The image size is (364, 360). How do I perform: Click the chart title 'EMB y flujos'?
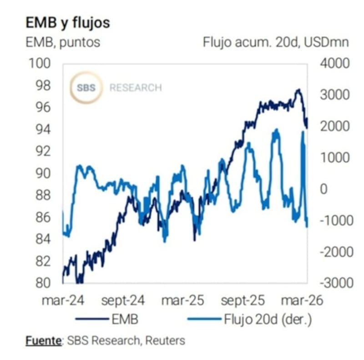point(67,22)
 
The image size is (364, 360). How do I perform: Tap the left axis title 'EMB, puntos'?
point(63,43)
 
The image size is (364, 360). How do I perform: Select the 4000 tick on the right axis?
point(335,63)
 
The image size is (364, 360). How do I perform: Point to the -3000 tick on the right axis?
point(335,283)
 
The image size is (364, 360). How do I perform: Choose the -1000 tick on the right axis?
point(335,220)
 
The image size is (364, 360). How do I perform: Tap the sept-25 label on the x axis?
point(243,300)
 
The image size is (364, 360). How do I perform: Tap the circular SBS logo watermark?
point(86,87)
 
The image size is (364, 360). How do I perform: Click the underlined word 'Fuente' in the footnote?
point(43,340)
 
